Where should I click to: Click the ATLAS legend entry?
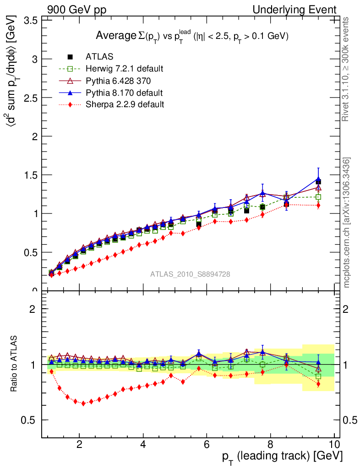point(99,57)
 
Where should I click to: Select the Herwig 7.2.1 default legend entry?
point(124,69)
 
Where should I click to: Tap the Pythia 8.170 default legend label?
point(124,93)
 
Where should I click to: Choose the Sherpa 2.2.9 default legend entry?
point(125,104)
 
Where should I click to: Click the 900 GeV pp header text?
point(76,10)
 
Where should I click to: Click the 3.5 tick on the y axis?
point(30,21)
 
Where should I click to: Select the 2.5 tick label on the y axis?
point(30,98)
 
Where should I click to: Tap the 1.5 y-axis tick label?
point(30,175)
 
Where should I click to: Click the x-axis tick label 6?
point(207,444)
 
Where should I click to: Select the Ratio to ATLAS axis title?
point(14,364)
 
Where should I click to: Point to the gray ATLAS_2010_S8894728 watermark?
point(190,274)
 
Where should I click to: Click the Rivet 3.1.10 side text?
point(346,69)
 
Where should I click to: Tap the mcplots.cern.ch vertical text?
point(347,223)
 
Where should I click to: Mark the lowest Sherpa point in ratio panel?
point(83,404)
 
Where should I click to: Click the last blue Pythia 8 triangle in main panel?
point(318,180)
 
